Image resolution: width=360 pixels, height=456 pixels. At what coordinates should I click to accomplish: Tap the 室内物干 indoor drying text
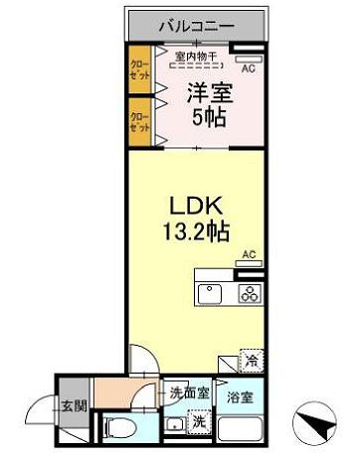[196, 56]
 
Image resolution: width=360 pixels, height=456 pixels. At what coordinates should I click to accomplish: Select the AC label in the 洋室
[248, 69]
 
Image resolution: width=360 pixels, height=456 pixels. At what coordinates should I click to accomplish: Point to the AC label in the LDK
[248, 254]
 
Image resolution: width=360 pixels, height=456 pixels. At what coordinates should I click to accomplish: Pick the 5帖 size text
[210, 117]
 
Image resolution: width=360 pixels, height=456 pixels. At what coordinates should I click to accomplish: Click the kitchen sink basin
[212, 294]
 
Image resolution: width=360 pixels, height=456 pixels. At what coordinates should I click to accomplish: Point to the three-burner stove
[249, 294]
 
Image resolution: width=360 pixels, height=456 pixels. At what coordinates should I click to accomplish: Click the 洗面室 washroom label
[189, 391]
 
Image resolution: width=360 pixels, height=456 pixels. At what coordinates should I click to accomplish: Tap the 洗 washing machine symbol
[198, 421]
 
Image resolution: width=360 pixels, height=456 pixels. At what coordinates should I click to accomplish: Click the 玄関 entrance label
[72, 405]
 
